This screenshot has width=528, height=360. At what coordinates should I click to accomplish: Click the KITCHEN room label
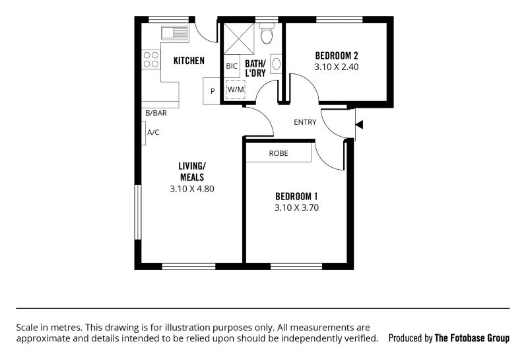pos(189,61)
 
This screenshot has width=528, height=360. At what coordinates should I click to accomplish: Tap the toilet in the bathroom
pos(267,34)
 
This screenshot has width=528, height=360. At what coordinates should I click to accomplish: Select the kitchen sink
pos(174,33)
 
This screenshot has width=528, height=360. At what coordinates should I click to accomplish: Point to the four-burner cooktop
pos(151,59)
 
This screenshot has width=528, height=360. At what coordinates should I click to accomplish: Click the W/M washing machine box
pos(236,89)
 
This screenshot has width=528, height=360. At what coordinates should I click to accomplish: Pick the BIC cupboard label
pos(232,66)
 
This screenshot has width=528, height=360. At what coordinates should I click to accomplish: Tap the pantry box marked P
pos(212,91)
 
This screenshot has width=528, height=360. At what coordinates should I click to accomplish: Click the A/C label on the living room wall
pos(153,133)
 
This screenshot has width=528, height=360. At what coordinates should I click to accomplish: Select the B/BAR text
pos(156,113)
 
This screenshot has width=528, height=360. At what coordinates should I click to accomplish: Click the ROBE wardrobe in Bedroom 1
pos(279,153)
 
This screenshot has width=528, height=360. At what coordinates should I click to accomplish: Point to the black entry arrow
pos(359,125)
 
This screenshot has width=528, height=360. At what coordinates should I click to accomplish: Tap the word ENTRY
pos(305,122)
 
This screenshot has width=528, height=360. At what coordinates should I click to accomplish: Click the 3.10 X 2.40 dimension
pos(337,67)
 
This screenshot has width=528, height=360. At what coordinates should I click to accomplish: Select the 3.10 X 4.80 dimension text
pos(192,189)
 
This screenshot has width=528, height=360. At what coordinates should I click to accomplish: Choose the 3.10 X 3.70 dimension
pos(296,207)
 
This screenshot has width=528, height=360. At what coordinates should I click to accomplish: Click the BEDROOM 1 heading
pos(296,196)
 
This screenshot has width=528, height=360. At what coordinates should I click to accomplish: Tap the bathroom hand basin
pos(276,64)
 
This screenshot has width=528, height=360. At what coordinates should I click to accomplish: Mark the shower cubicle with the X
pos(239,39)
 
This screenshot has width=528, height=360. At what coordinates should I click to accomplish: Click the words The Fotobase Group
pos(472,338)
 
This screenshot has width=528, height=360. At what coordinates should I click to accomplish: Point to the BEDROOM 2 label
pos(337,55)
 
